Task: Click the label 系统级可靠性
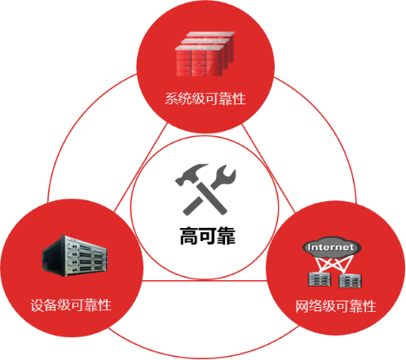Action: (x=205, y=99)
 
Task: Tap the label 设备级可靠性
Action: (x=71, y=305)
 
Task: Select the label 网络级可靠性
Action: (x=336, y=306)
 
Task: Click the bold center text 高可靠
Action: (x=208, y=235)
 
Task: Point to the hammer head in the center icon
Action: (x=190, y=173)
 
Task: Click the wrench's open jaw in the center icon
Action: (x=226, y=173)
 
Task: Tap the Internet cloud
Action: (x=332, y=247)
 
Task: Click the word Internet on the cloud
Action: (x=331, y=248)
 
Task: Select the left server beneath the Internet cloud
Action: (x=320, y=279)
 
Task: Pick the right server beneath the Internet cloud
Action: (x=350, y=281)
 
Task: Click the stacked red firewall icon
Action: (x=205, y=54)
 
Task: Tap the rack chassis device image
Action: (x=74, y=256)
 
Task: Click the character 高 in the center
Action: (x=189, y=235)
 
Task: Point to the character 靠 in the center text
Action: (x=227, y=235)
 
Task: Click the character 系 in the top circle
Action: (x=171, y=99)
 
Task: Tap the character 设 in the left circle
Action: (x=38, y=305)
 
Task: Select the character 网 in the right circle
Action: (x=302, y=306)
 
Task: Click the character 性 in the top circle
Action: (x=239, y=99)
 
